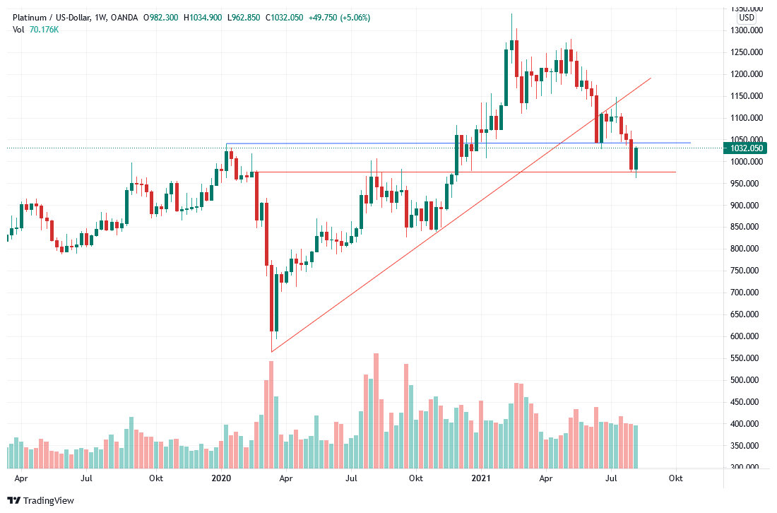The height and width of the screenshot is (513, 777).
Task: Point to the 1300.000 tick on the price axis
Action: [746, 30]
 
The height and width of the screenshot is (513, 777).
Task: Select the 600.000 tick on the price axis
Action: [746, 336]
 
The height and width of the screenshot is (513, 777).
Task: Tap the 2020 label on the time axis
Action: [222, 478]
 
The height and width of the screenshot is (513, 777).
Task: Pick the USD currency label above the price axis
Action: [746, 18]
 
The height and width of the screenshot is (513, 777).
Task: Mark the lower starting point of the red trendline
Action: [271, 351]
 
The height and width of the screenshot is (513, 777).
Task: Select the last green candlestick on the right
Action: [636, 158]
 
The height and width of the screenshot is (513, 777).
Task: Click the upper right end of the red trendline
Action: [651, 78]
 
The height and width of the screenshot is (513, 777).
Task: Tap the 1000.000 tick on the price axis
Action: [746, 162]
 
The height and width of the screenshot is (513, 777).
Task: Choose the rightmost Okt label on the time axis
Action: [676, 478]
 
